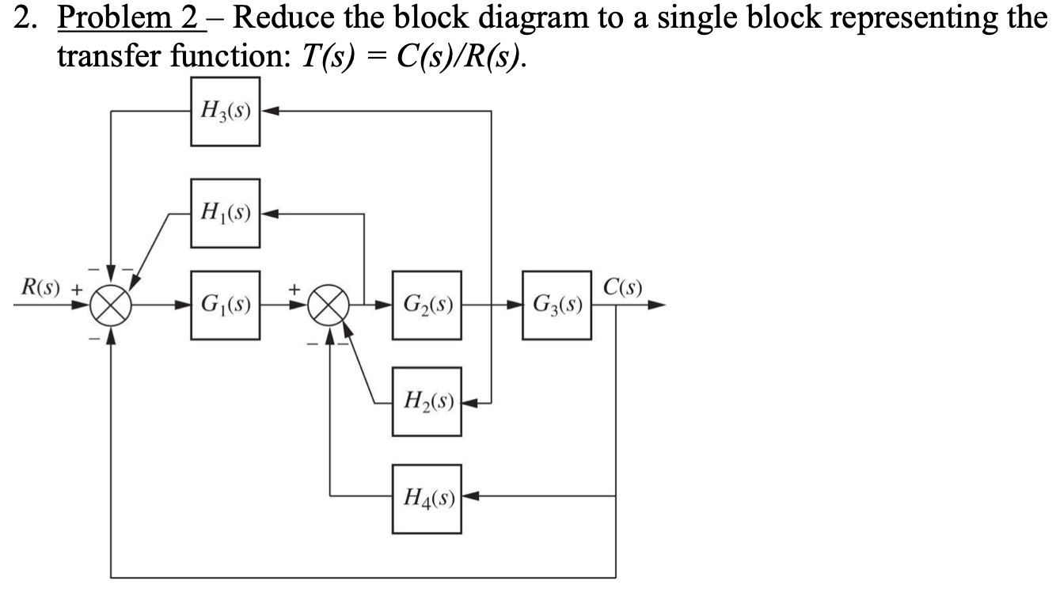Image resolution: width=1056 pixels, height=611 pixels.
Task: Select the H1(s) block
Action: click(x=226, y=212)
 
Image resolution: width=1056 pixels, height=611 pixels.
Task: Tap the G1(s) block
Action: click(x=226, y=305)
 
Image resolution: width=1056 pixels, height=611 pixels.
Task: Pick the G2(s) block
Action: click(x=427, y=305)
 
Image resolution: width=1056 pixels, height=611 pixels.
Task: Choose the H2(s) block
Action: click(x=427, y=402)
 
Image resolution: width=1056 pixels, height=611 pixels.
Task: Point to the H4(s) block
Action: click(x=427, y=498)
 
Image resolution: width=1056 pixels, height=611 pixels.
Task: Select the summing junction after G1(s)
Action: click(x=331, y=305)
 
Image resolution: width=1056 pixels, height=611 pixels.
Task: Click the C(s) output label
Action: click(x=623, y=286)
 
